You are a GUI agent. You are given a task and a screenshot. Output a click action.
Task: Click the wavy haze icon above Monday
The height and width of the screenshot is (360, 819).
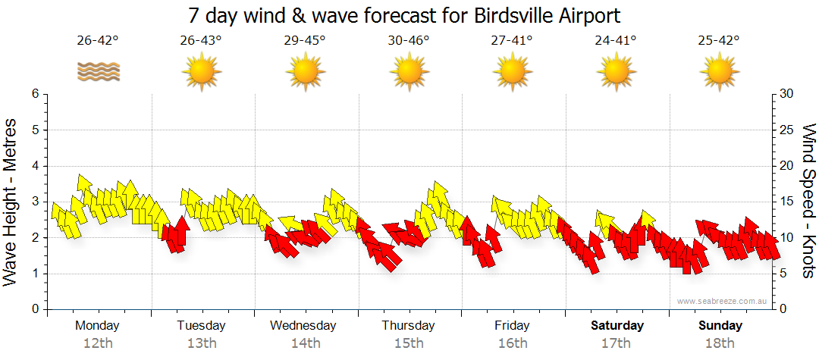pyautogui.click(x=98, y=72)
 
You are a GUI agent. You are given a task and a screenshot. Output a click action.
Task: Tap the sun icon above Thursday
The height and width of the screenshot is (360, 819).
pyautogui.click(x=409, y=72)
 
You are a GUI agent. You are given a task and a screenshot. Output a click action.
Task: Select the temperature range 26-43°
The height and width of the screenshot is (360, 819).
pyautogui.click(x=201, y=41)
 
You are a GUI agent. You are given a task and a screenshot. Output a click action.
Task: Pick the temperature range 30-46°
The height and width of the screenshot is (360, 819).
pyautogui.click(x=409, y=41)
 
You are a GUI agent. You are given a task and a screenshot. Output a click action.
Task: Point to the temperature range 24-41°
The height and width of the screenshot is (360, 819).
pyautogui.click(x=616, y=41)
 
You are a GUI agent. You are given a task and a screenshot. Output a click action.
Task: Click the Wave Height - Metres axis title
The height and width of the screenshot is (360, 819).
pyautogui.click(x=11, y=202)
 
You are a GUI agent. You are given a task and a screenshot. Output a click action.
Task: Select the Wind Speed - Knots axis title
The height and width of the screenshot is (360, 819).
pyautogui.click(x=808, y=202)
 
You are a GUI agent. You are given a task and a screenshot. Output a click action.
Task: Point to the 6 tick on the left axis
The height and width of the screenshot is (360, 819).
pyautogui.click(x=34, y=94)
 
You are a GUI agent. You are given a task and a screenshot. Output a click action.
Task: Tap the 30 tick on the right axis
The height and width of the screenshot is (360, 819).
pyautogui.click(x=787, y=94)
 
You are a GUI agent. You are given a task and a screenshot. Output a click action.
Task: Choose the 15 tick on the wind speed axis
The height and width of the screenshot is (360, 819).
pyautogui.click(x=787, y=202)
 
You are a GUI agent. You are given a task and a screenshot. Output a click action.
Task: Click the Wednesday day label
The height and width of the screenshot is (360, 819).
pyautogui.click(x=303, y=326)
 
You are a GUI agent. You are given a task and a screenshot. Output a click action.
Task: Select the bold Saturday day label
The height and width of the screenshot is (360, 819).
pyautogui.click(x=617, y=326)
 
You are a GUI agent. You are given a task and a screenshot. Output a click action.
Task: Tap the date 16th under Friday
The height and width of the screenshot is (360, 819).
pyautogui.click(x=513, y=343)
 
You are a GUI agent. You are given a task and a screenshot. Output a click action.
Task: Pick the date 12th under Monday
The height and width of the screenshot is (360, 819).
pyautogui.click(x=98, y=343)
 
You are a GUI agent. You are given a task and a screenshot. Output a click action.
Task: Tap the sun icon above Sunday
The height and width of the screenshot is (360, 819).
pyautogui.click(x=720, y=72)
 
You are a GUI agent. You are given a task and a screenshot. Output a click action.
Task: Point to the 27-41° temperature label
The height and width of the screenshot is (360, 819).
pyautogui.click(x=513, y=41)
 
